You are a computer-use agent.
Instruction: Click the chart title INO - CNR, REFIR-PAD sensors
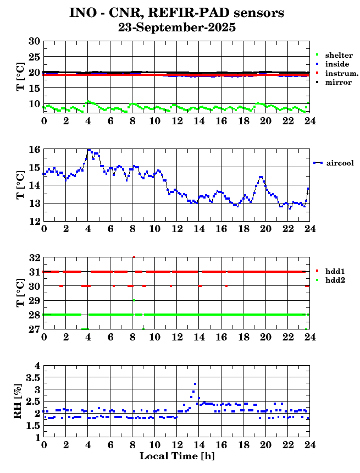[x=177, y=12]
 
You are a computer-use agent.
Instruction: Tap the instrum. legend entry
[x=341, y=73]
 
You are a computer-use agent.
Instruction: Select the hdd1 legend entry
[x=335, y=271]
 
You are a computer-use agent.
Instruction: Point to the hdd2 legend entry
[x=335, y=280]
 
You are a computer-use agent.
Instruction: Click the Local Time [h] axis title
[x=176, y=456]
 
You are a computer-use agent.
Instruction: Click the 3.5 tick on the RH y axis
[x=32, y=377]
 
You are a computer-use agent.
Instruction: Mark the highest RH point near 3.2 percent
[x=195, y=384]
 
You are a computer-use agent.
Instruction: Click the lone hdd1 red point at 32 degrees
[x=134, y=257]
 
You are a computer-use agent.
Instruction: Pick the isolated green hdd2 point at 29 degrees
[x=134, y=300]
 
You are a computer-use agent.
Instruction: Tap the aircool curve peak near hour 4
[x=88, y=150]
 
